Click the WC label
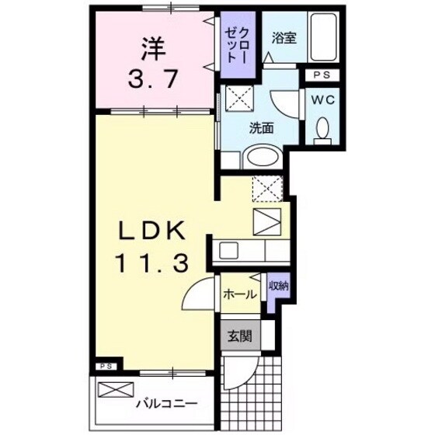pos(323,99)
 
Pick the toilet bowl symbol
pos(322,130)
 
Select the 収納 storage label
pos(278,287)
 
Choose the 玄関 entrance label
pos(238,336)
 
